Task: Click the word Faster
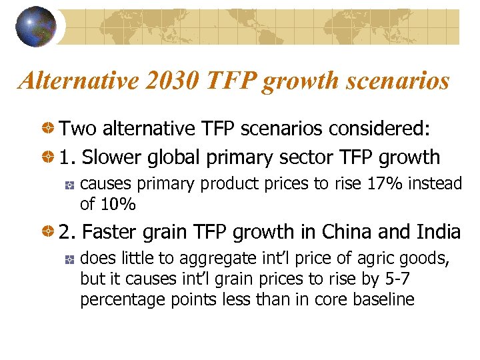tap(112, 232)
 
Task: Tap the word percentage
tap(116, 300)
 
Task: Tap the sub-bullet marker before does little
tap(69, 258)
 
